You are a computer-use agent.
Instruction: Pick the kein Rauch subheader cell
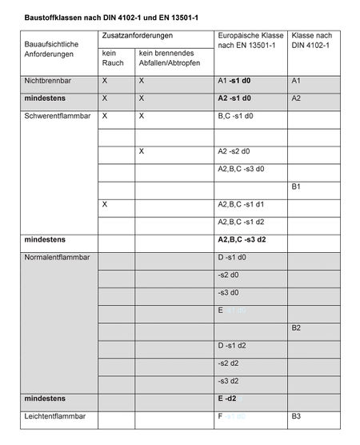point(113,58)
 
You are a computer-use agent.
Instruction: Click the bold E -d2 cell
point(229,398)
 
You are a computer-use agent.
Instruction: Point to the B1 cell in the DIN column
point(296,186)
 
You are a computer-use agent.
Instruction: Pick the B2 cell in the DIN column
point(296,328)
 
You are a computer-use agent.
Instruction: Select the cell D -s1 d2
point(232,346)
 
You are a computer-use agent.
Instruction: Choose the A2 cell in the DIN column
point(296,98)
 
